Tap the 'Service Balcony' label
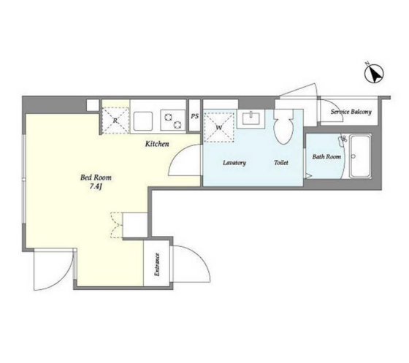click(351, 112)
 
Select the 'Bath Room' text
click(326, 156)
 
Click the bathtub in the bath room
click(361, 156)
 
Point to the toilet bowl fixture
click(283, 126)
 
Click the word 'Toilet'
click(281, 162)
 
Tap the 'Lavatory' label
click(234, 163)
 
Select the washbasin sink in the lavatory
click(251, 118)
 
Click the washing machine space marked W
click(219, 127)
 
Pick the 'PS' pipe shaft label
click(194, 116)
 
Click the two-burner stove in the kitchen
click(172, 121)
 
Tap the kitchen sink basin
click(143, 121)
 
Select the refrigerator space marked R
click(115, 121)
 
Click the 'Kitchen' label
click(157, 144)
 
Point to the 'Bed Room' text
click(96, 177)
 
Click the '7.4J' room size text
click(95, 186)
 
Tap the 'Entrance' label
click(157, 264)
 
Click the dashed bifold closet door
click(116, 225)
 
